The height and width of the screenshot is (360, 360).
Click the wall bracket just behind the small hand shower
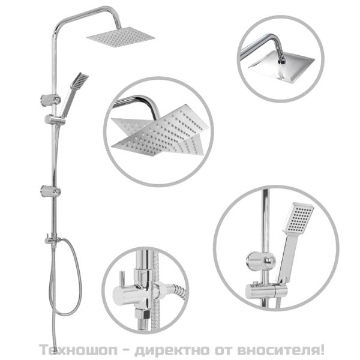tap(47, 96)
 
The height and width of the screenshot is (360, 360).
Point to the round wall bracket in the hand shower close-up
tap(259, 260)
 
